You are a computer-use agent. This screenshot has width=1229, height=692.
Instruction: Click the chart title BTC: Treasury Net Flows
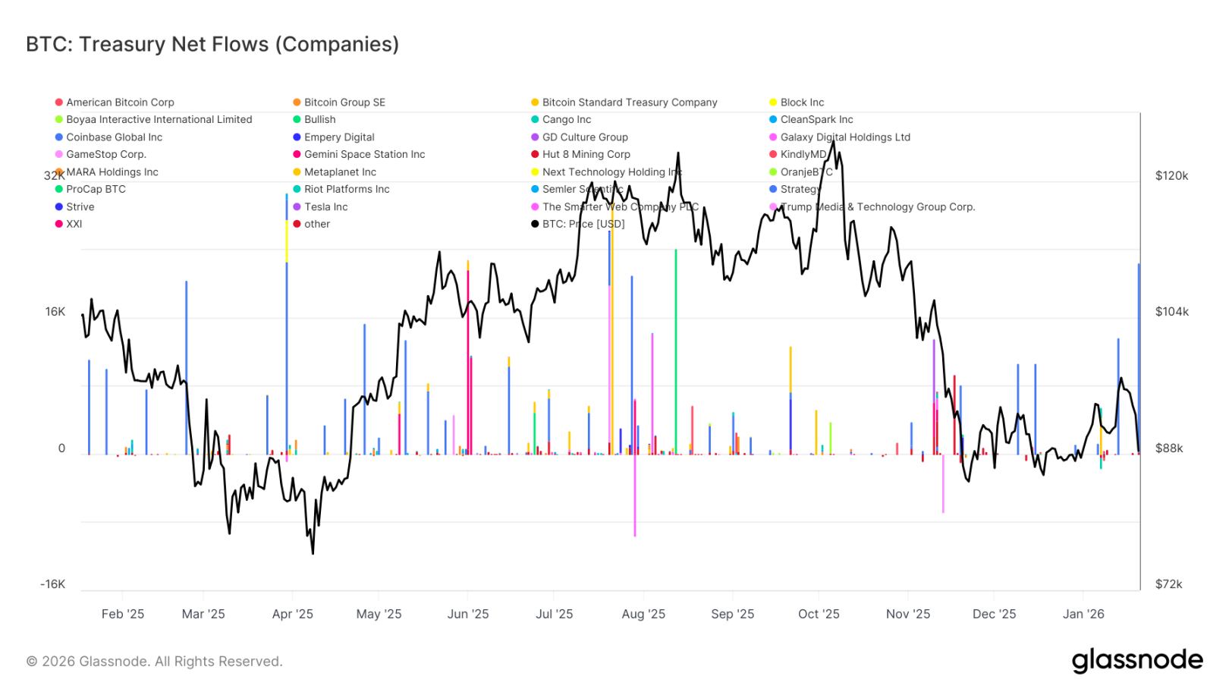pyautogui.click(x=212, y=45)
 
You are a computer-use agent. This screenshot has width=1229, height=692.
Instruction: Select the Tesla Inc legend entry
pyautogui.click(x=325, y=207)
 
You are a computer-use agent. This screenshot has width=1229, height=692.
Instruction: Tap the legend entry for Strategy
pyautogui.click(x=800, y=190)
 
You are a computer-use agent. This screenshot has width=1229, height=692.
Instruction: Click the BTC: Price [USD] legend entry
pyautogui.click(x=583, y=225)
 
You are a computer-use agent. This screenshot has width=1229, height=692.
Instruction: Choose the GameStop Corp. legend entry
pyautogui.click(x=105, y=155)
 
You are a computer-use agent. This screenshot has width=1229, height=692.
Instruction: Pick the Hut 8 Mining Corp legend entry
pyautogui.click(x=586, y=155)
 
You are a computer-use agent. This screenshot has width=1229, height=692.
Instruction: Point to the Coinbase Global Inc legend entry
pyautogui.click(x=114, y=137)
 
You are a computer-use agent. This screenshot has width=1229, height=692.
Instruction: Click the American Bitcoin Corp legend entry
pyautogui.click(x=120, y=102)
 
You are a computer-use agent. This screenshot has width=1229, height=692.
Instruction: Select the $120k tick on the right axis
pyautogui.click(x=1171, y=176)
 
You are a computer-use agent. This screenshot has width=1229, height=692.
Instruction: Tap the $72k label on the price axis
pyautogui.click(x=1168, y=584)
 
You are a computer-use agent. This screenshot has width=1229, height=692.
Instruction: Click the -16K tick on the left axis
pyautogui.click(x=52, y=584)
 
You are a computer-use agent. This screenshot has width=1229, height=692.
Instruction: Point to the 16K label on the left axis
pyautogui.click(x=55, y=312)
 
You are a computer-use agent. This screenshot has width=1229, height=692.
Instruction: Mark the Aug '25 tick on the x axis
pyautogui.click(x=643, y=614)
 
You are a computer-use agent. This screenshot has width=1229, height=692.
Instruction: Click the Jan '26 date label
pyautogui.click(x=1083, y=614)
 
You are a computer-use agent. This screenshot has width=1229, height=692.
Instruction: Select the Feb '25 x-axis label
pyautogui.click(x=123, y=614)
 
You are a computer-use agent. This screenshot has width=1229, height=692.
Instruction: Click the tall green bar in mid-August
pyautogui.click(x=676, y=349)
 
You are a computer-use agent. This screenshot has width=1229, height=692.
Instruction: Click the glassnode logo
pyautogui.click(x=1136, y=660)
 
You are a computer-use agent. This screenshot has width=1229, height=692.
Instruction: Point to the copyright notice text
pyautogui.click(x=155, y=662)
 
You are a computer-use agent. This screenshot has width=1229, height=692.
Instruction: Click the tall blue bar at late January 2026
pyautogui.click(x=1139, y=357)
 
